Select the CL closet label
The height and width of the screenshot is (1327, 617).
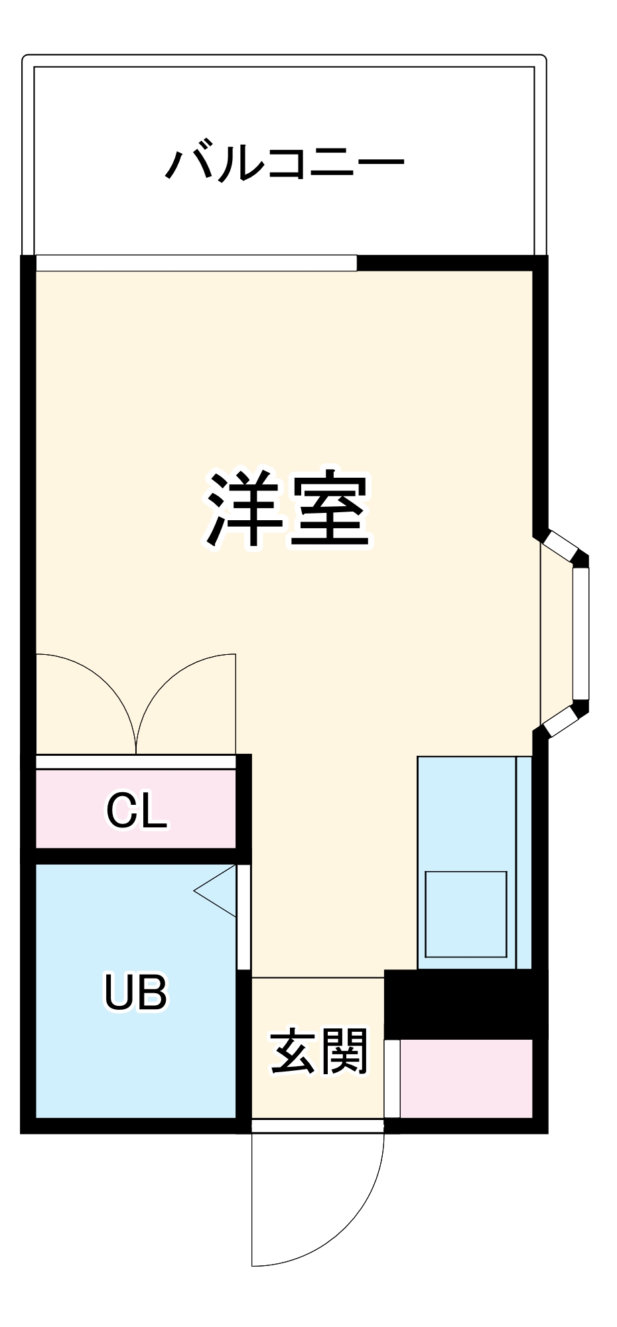click(137, 810)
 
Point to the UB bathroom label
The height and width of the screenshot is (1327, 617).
click(135, 991)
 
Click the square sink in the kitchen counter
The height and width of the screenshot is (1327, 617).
click(466, 914)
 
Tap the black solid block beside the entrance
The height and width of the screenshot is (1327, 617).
click(466, 1004)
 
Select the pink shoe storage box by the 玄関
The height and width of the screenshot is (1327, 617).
click(466, 1078)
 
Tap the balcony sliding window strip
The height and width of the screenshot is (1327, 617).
click(196, 263)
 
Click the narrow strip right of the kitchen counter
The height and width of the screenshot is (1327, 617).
click(524, 863)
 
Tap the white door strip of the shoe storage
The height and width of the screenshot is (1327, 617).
click(392, 1079)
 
